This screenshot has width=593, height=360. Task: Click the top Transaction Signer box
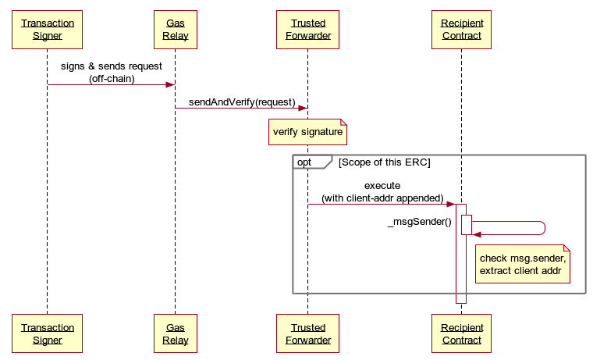tap(47, 30)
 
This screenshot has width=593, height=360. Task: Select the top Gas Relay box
tap(175, 30)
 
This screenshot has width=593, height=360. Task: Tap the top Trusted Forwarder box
tap(307, 30)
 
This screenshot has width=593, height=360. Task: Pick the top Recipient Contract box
tap(461, 30)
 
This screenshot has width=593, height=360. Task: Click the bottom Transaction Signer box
tap(47, 333)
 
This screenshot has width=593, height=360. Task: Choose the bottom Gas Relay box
tap(175, 333)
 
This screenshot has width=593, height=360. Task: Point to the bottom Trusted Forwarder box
tap(307, 333)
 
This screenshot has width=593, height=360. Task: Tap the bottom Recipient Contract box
tap(461, 333)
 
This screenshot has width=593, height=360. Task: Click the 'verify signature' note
tap(307, 132)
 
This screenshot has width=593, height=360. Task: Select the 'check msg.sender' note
tap(522, 264)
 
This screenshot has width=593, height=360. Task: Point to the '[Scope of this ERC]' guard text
tap(384, 162)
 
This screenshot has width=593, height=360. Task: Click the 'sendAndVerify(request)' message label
tap(241, 102)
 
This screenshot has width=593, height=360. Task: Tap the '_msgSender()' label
tap(419, 222)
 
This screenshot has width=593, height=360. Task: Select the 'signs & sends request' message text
tap(111, 66)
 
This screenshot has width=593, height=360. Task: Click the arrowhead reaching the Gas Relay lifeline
tap(169, 84)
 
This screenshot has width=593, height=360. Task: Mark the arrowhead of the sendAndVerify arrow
tap(302, 109)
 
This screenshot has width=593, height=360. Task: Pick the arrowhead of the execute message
tap(450, 205)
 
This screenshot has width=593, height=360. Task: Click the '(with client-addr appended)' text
tap(382, 198)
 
